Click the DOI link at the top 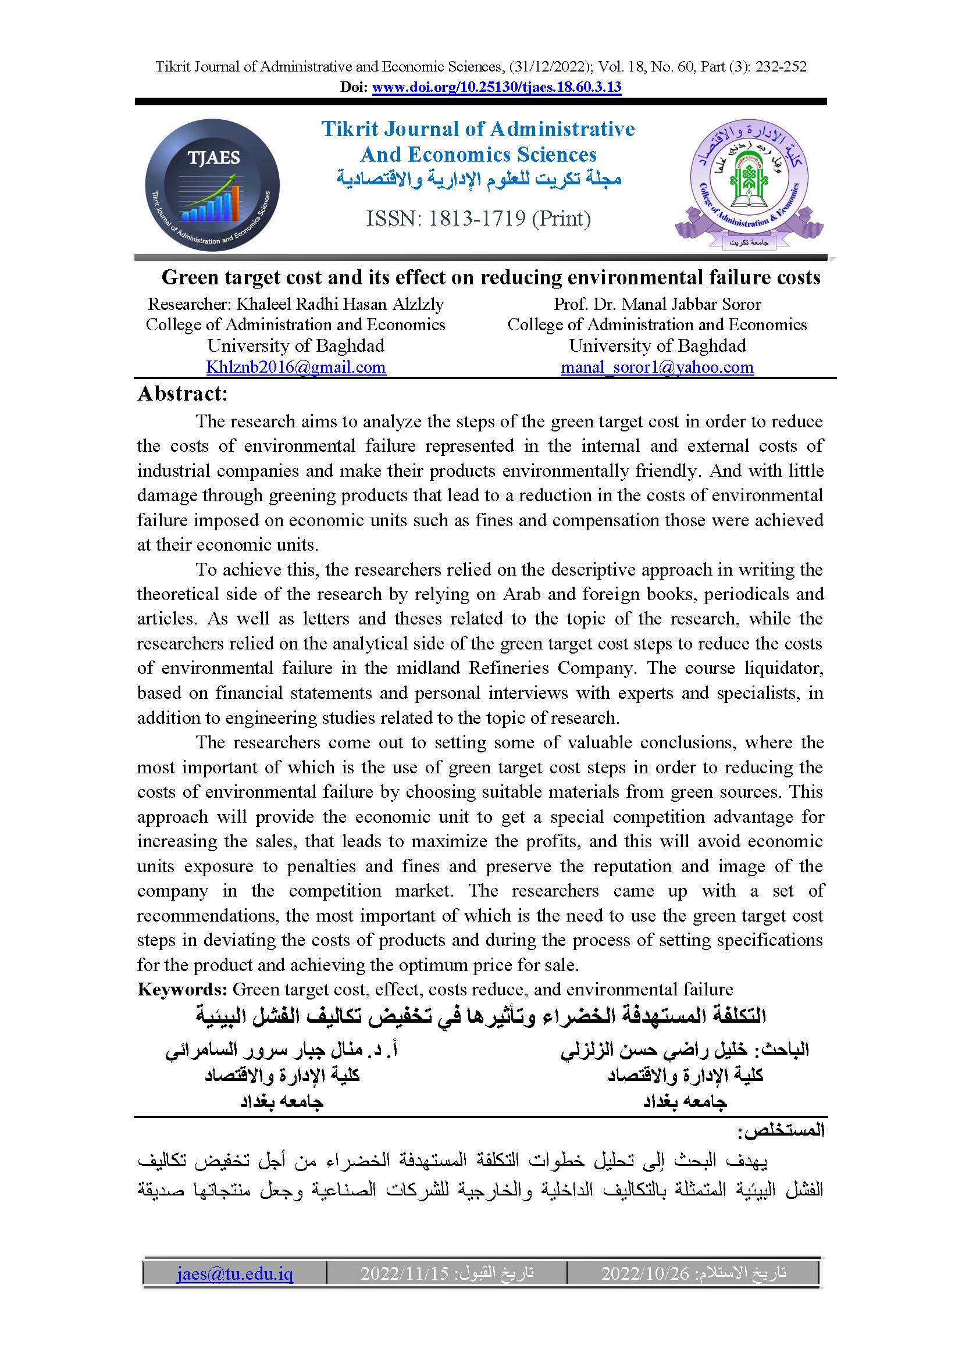496,88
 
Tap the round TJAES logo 212,185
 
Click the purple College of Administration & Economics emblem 749,185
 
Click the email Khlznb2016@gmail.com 295,367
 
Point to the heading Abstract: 183,394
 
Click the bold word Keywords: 183,989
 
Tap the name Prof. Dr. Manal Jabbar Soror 657,305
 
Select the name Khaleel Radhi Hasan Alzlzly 340,305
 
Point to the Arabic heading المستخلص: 781,1130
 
